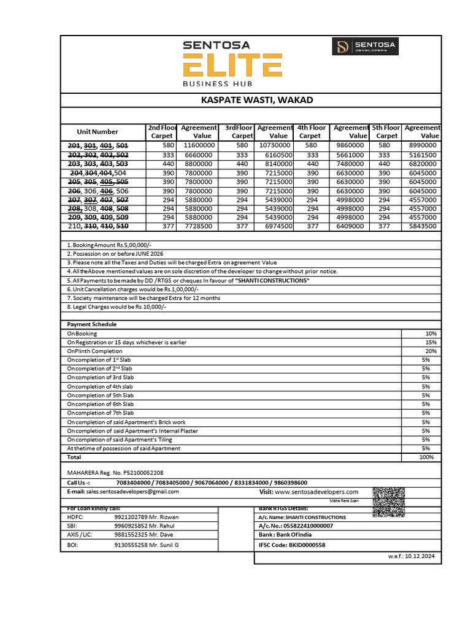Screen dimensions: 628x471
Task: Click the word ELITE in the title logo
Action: coord(232,66)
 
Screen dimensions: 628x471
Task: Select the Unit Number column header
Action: coord(98,132)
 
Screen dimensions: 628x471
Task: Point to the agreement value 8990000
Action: coord(423,145)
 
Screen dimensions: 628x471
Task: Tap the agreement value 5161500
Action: coord(423,156)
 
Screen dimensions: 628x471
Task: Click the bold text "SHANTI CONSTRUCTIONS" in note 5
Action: coord(272,280)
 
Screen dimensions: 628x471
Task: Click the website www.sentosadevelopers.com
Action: coord(316,492)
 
